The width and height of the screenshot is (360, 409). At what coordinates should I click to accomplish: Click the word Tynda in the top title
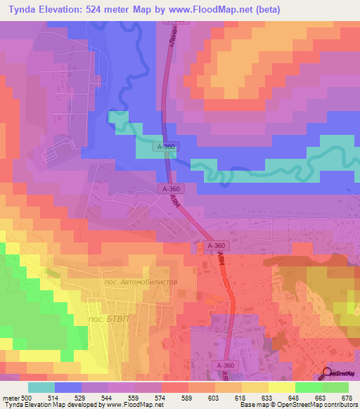click(x=20, y=10)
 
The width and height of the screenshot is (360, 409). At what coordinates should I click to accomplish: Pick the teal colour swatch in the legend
click(x=41, y=387)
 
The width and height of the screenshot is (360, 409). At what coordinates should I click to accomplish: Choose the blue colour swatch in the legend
click(x=67, y=387)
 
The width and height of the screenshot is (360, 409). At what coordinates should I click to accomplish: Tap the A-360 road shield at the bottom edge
click(x=225, y=366)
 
